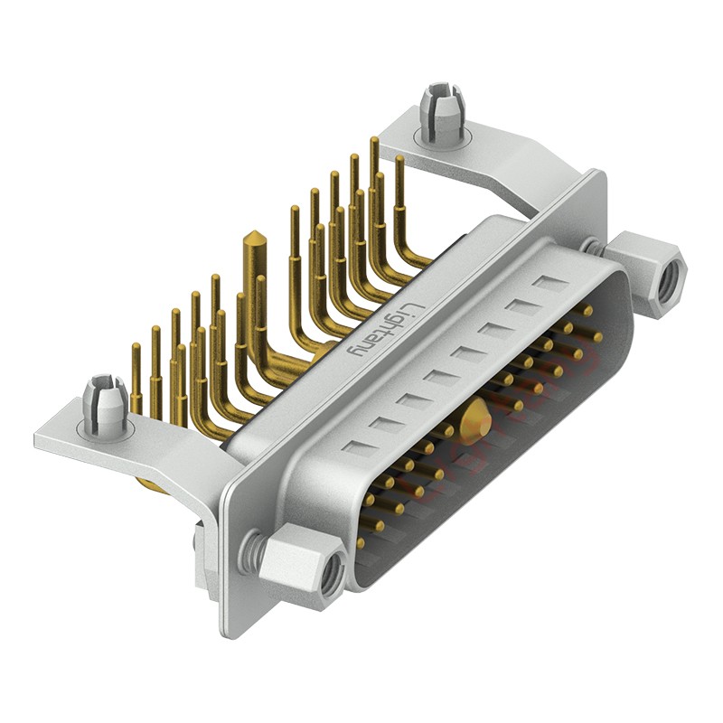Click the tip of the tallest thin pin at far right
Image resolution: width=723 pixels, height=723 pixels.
tap(374, 142)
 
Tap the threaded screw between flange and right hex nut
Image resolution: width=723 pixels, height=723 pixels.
tap(595, 246)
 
